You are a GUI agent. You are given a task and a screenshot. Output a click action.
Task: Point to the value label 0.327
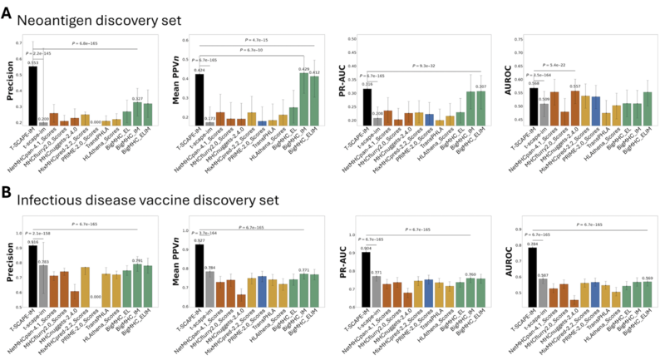click(x=138, y=99)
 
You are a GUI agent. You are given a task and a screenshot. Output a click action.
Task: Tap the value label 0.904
click(x=366, y=248)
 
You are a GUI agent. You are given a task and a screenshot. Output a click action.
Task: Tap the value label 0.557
click(x=552, y=86)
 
